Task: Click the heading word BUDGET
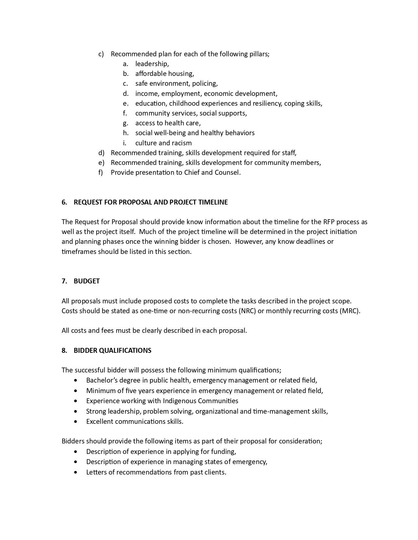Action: pos(87,281)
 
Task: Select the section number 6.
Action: pos(64,202)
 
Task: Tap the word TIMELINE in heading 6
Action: pos(213,202)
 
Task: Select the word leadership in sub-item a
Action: pos(152,64)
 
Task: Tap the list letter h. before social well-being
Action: pos(126,133)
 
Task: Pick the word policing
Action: pos(205,83)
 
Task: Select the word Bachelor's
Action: pos(102,380)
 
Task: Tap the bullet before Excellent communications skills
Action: pos(76,422)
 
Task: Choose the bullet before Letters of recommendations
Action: pos(76,472)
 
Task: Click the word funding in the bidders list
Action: pos(224,452)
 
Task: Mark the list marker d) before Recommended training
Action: pos(101,153)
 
